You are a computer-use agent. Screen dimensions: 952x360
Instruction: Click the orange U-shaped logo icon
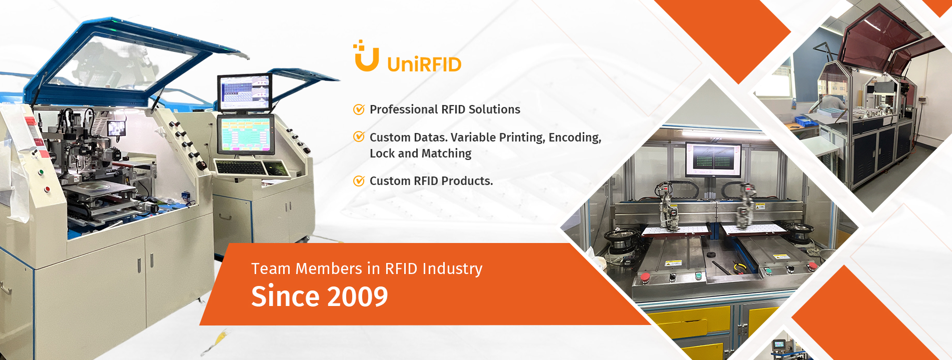(366, 56)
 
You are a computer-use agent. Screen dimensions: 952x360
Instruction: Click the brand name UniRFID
(424, 64)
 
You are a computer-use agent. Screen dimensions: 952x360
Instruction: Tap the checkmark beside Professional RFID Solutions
(359, 109)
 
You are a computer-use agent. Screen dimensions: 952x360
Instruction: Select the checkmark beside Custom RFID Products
(359, 181)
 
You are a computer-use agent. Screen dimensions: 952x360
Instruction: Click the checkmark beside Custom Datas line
(359, 137)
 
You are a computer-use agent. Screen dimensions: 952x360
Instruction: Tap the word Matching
(447, 153)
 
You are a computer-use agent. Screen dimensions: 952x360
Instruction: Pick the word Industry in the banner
(452, 269)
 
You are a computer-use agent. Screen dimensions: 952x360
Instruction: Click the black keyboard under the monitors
(240, 167)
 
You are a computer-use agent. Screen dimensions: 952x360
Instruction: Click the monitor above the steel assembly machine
(713, 159)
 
